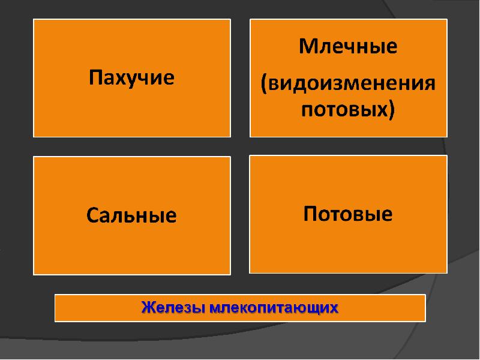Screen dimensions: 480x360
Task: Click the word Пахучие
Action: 131,78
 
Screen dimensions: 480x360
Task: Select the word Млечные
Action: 348,47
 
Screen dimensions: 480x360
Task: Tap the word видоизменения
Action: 351,83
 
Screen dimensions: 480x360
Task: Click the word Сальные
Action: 131,215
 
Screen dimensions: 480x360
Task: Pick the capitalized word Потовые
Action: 348,214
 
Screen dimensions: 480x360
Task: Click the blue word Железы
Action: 173,307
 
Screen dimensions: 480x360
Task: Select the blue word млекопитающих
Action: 274,308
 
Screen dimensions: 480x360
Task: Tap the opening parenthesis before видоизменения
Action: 264,83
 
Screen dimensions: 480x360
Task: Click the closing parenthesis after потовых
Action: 392,110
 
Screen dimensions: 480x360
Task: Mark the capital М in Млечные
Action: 308,47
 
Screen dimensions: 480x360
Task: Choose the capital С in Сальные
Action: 93,215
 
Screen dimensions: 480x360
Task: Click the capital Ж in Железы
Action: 148,307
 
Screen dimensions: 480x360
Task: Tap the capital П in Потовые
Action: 310,213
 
